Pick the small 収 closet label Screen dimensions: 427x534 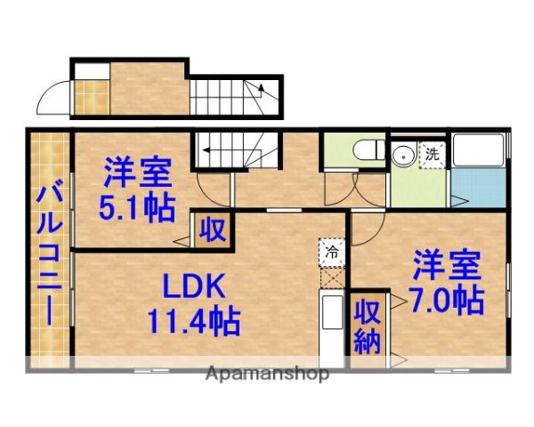tap(213, 229)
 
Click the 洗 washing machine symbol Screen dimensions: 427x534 tap(432, 153)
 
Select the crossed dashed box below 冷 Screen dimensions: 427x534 tap(331, 278)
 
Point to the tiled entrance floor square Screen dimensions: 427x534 tap(88, 93)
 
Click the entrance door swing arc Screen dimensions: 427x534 tap(56, 94)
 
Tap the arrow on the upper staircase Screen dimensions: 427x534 tap(262, 89)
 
